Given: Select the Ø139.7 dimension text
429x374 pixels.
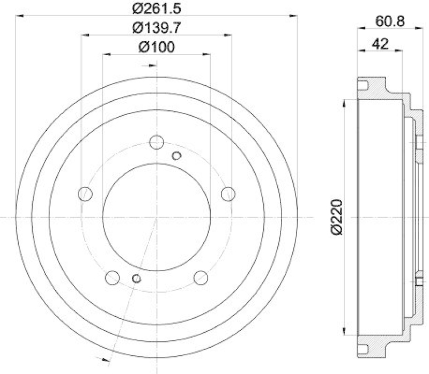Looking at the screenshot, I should (x=156, y=27).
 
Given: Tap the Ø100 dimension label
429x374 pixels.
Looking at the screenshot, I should (x=156, y=47).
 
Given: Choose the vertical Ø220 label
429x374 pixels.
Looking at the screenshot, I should (x=336, y=217).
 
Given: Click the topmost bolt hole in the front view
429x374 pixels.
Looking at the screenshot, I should (x=156, y=143).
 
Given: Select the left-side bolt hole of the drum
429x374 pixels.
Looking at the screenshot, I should (x=85, y=194).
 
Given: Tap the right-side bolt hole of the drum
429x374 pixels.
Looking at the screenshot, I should (x=228, y=194).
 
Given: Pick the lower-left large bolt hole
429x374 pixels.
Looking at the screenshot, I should (x=112, y=278).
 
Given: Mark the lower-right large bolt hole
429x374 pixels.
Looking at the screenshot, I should (x=201, y=278).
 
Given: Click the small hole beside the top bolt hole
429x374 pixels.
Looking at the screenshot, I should (x=176, y=156).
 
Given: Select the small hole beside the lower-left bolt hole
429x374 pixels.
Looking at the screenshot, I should (x=136, y=278).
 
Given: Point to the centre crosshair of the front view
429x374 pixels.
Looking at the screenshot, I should (x=156, y=218).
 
